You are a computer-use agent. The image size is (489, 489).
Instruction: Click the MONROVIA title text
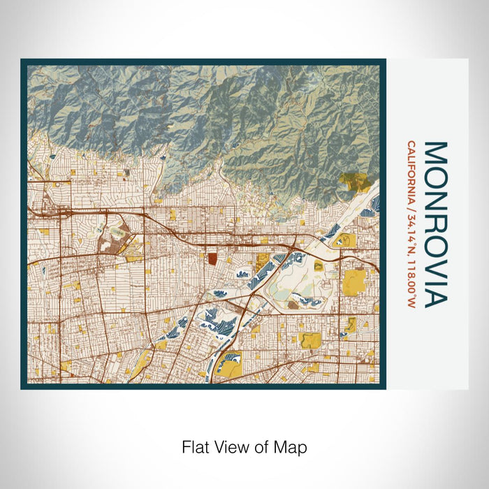[435, 224]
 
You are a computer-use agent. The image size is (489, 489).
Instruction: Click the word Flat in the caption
[196, 446]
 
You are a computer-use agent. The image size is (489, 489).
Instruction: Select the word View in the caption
[228, 446]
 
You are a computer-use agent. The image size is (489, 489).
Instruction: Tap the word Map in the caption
[293, 446]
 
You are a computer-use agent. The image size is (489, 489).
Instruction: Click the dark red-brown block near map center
[212, 258]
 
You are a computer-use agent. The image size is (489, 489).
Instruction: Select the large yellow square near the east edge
[355, 282]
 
